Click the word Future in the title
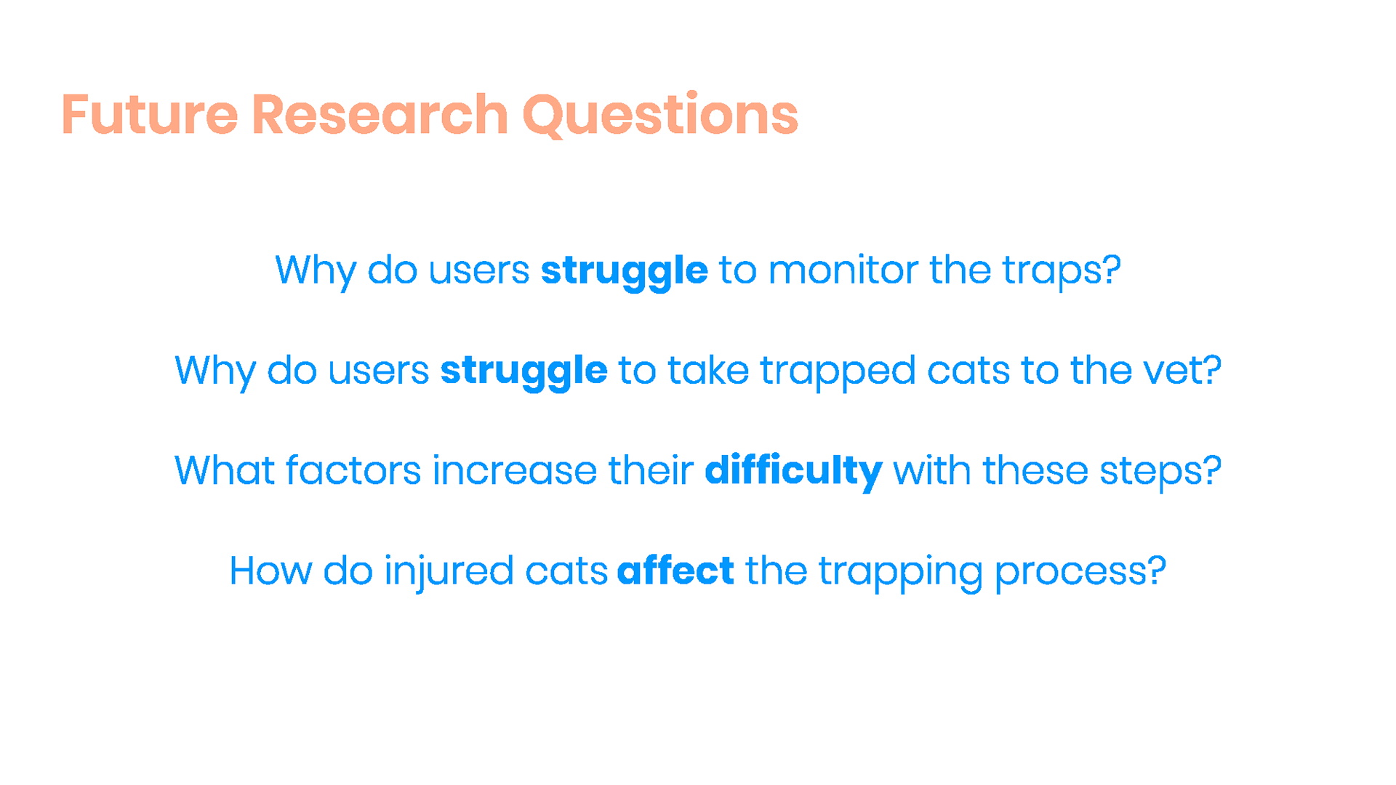click(149, 115)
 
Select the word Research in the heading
click(380, 115)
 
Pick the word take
click(708, 371)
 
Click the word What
click(225, 471)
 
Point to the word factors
click(353, 471)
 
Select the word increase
click(515, 471)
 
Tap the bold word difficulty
click(793, 471)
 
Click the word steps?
click(1160, 472)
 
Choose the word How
click(270, 571)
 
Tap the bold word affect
click(675, 570)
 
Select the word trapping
click(901, 573)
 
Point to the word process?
click(1080, 573)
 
